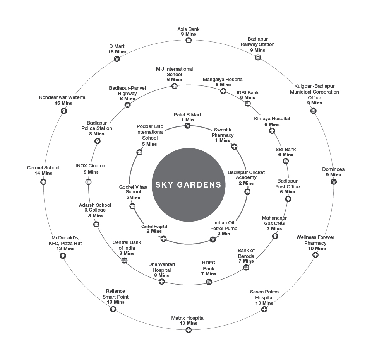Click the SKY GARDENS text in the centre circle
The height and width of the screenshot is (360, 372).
[188, 184]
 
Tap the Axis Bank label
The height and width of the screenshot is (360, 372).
[189, 29]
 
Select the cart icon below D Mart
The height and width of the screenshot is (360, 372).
[117, 59]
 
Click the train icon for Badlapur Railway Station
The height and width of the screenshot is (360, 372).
[258, 57]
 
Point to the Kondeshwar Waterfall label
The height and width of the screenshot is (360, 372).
[63, 97]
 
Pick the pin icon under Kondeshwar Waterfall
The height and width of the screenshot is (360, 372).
[64, 111]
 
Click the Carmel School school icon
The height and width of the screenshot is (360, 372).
[43, 182]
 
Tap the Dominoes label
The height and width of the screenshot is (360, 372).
[333, 169]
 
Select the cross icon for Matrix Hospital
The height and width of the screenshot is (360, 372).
[189, 330]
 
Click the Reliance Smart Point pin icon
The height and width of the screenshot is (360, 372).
[113, 309]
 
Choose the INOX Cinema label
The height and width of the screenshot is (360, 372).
[91, 165]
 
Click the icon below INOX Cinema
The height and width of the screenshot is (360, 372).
[88, 182]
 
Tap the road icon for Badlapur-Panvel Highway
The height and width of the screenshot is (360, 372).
[127, 105]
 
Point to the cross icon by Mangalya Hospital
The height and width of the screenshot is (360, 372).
[223, 91]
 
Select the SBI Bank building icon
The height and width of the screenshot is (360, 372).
[286, 161]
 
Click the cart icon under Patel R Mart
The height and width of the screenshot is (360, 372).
[187, 126]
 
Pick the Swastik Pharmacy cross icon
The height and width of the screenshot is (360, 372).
[234, 147]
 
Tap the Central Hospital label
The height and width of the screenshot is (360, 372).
[154, 227]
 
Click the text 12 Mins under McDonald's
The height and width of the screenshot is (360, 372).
[65, 249]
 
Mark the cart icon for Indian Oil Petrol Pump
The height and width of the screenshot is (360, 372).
[213, 240]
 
